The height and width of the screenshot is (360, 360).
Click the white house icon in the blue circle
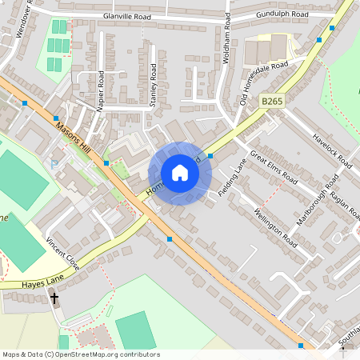(x=180, y=173)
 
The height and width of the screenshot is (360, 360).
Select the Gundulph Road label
(x=282, y=15)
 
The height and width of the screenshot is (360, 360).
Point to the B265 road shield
(x=272, y=101)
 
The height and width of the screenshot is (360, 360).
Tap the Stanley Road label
(x=153, y=85)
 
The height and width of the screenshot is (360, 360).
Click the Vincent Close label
(x=62, y=252)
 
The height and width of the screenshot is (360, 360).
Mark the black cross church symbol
(x=54, y=299)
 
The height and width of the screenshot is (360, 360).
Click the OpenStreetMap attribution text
(x=80, y=354)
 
